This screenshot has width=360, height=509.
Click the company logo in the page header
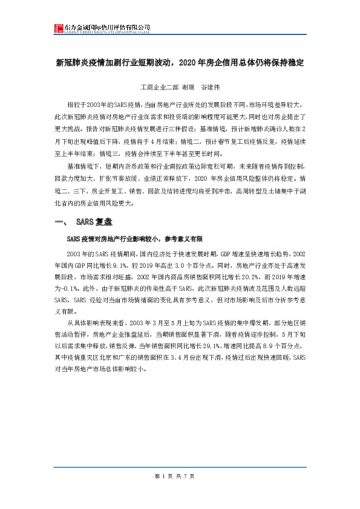click(x=59, y=28)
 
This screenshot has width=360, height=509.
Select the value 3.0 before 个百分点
click(x=188, y=265)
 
